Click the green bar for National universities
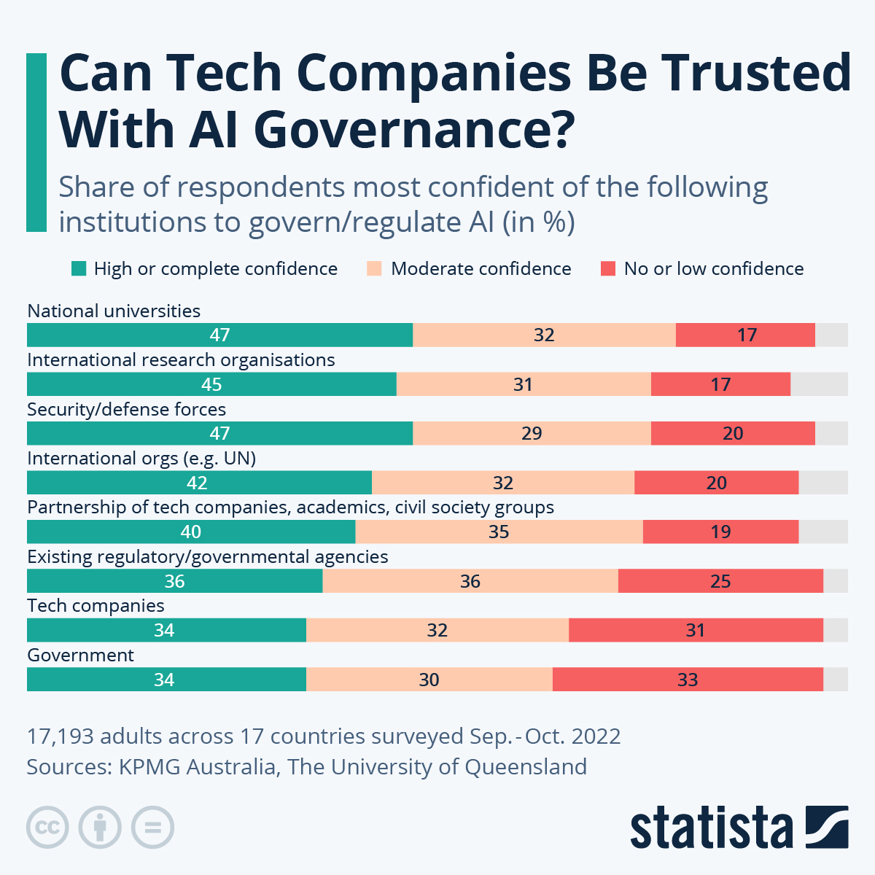coord(219,335)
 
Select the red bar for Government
coord(688,680)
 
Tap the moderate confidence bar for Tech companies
coord(437,630)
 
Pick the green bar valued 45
coord(211,384)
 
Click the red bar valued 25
coord(720,581)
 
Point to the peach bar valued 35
coord(499,532)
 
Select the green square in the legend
coord(79,269)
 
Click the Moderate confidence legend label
coord(481,269)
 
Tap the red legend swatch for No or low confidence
coord(608,269)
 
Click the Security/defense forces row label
coord(126,409)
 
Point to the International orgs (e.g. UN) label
coord(141,459)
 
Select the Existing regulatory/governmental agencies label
coord(207,557)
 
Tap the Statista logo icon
coord(826,827)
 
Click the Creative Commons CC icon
coord(47,828)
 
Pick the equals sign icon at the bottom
coord(153,828)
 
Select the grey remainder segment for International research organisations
coord(819,384)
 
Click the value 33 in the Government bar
coord(688,680)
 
